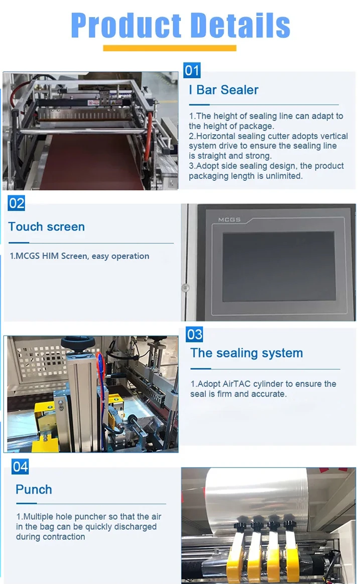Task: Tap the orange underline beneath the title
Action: [169, 48]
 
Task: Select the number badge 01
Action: [192, 70]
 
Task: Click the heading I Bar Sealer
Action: [223, 90]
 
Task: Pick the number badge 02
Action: [17, 203]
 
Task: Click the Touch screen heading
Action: [47, 226]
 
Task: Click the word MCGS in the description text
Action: [28, 256]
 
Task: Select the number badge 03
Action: [194, 334]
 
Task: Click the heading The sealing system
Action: [247, 353]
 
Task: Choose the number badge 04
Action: [20, 466]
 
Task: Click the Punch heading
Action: [34, 490]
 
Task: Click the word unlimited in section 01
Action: [284, 176]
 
